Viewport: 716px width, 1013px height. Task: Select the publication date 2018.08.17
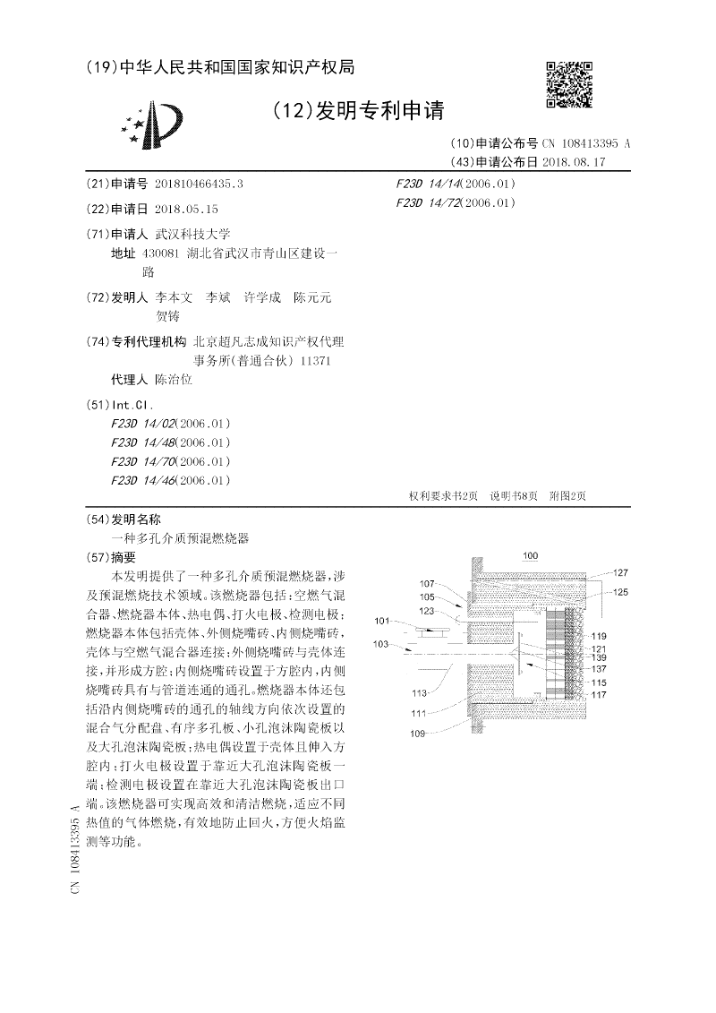tap(574, 162)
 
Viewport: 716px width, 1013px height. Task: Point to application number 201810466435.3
tap(198, 184)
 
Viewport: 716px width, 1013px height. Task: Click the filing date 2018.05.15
tap(186, 209)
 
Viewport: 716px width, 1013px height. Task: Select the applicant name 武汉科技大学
tap(193, 234)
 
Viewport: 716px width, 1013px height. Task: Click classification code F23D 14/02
tap(143, 424)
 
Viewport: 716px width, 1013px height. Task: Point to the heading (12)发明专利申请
tap(356, 110)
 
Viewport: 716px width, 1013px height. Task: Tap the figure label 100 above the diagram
tap(530, 556)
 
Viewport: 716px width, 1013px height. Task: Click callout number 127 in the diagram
tap(619, 571)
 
